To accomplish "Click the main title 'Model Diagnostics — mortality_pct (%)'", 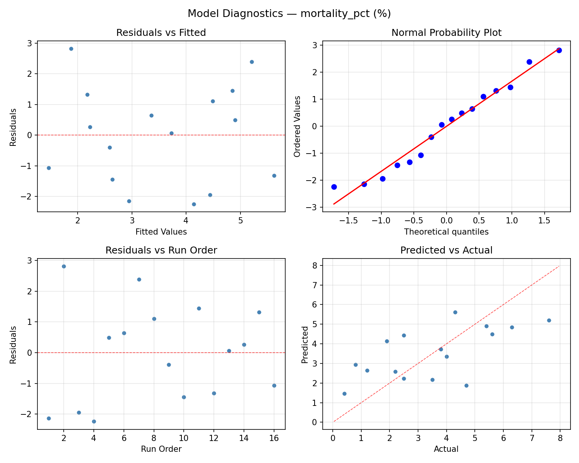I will coord(289,14).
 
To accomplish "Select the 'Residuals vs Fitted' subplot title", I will coord(161,33).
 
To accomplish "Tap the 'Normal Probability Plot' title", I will coord(446,33).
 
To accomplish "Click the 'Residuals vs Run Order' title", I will coord(161,250).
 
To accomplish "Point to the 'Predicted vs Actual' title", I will coord(446,250).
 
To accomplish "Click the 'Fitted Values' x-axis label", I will coord(161,232).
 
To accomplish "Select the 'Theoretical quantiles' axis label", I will coord(446,232).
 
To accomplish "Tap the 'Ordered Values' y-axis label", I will coord(297,126).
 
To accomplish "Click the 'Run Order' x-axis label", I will coord(161,449).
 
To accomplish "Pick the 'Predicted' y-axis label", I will coord(305,345).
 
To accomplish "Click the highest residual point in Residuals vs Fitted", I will coord(71,49).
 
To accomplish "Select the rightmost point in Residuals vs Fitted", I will coord(274,176).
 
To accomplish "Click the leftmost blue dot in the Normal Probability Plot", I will coord(334,187).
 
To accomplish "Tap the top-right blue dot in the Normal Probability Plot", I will coord(559,50).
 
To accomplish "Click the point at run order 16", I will coord(274,385).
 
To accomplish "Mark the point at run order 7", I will coord(139,279).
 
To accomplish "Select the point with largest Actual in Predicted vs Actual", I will coord(549,320).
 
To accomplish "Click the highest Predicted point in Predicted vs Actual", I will coord(455,312).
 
